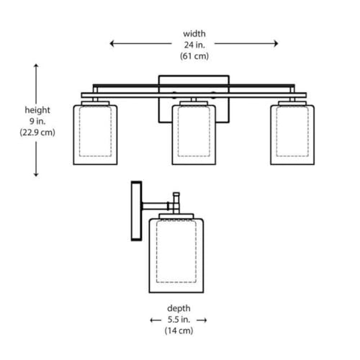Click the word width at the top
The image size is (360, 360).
[194, 34]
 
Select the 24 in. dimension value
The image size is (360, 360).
[194, 45]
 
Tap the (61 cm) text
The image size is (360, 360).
[194, 56]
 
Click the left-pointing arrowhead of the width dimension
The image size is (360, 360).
[112, 43]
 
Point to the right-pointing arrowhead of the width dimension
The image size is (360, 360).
[276, 43]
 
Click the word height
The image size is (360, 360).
[37, 110]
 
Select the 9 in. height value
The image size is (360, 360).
[37, 121]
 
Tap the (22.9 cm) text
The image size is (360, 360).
[37, 132]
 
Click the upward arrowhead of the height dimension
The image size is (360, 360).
[36, 66]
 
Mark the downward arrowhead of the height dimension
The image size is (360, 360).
[36, 174]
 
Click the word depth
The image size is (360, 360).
[179, 308]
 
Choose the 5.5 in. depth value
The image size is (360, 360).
[179, 320]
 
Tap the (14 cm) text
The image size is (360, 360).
[179, 330]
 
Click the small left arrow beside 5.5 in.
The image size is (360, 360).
[156, 320]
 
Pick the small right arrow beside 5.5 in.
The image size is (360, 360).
[202, 320]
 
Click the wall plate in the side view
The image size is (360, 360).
[136, 211]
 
